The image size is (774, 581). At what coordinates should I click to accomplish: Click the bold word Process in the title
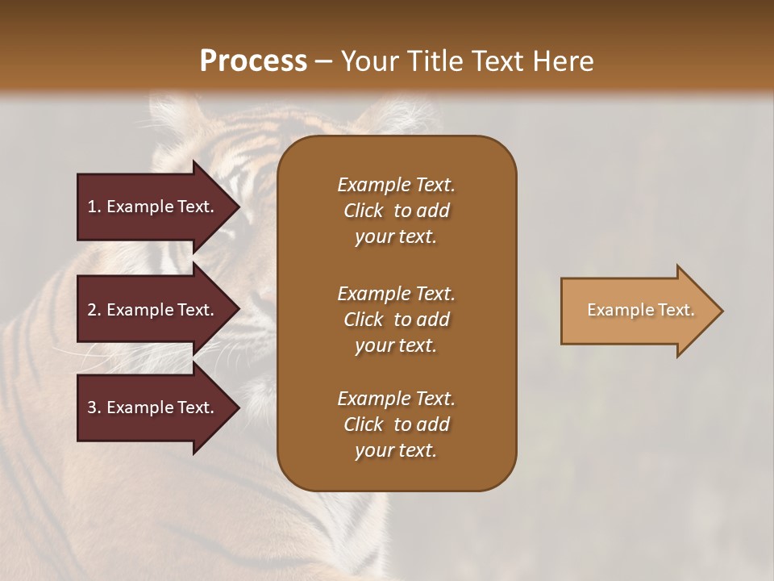click(253, 61)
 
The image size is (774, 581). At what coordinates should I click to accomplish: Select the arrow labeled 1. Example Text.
click(153, 207)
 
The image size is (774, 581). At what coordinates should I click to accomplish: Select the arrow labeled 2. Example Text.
click(153, 310)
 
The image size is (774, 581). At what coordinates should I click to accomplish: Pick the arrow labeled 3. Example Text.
click(153, 408)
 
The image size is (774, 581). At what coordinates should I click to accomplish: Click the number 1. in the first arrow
click(94, 207)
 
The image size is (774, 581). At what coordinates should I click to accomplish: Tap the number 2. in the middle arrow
click(94, 310)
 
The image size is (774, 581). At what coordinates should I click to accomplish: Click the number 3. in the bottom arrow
click(94, 408)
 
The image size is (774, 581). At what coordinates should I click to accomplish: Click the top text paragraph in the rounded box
click(396, 211)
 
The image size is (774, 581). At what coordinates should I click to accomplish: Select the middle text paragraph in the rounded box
click(396, 319)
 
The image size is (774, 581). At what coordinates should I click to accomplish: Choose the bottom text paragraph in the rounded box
click(396, 424)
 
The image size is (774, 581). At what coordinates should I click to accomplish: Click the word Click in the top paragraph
click(364, 211)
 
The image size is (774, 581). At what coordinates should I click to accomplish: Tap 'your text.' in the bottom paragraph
click(396, 450)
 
